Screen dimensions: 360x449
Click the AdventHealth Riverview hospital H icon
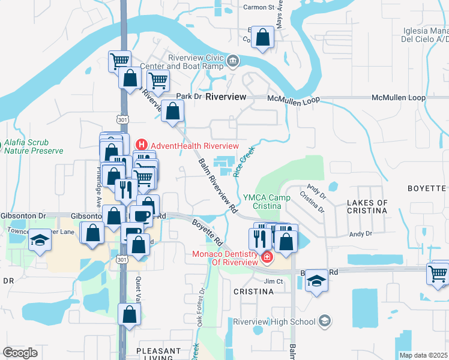(x=142, y=145)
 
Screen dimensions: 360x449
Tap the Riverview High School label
(x=274, y=322)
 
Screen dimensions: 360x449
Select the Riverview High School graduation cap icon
(x=325, y=321)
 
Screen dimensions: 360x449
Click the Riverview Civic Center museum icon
(x=233, y=61)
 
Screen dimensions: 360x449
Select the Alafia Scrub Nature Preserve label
(x=33, y=146)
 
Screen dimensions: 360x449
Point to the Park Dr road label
(x=187, y=97)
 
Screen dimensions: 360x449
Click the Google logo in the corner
(x=20, y=352)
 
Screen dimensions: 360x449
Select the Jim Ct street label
(x=273, y=281)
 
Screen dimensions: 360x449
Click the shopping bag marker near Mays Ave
(x=262, y=37)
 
